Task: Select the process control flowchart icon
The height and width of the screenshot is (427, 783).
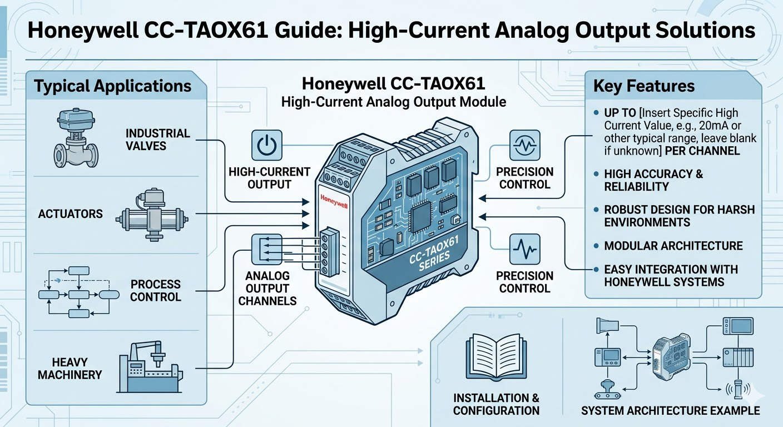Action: click(78, 291)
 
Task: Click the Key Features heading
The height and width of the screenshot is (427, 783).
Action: click(644, 86)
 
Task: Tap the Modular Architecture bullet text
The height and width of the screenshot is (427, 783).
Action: click(673, 245)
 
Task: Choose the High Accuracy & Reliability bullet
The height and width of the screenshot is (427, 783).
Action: click(653, 180)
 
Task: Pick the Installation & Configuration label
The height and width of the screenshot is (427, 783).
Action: click(496, 404)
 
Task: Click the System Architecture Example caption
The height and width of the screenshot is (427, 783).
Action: click(670, 411)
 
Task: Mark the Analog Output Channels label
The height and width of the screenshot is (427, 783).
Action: click(267, 288)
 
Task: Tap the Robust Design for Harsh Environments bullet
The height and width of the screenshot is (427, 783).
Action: click(679, 216)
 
